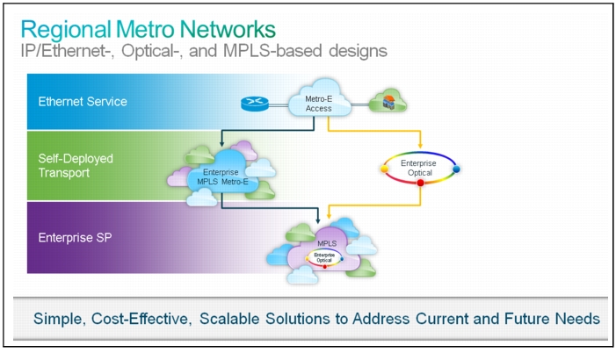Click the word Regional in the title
66,30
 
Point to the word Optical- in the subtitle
152,51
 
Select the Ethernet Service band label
83,102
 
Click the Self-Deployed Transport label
76,166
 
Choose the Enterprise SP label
75,238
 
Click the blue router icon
255,104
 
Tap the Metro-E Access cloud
319,98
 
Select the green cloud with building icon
388,101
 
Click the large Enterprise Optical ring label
419,168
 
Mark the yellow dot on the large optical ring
385,169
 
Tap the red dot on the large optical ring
420,183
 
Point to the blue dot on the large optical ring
456,169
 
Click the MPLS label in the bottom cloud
327,243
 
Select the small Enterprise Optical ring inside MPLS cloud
324,258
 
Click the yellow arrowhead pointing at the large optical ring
420,145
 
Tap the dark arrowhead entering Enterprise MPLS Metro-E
222,144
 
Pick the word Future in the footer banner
526,319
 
